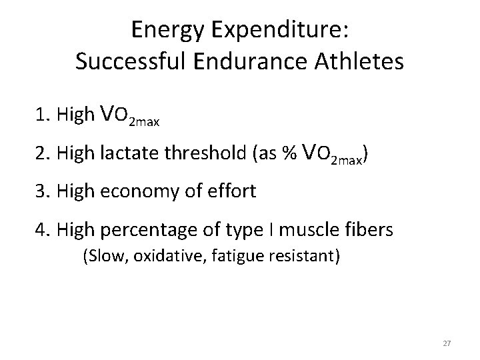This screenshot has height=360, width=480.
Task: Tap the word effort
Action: [233, 193]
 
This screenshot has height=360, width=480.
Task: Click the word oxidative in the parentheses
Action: [156, 256]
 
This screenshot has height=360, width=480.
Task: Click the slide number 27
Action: [447, 343]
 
